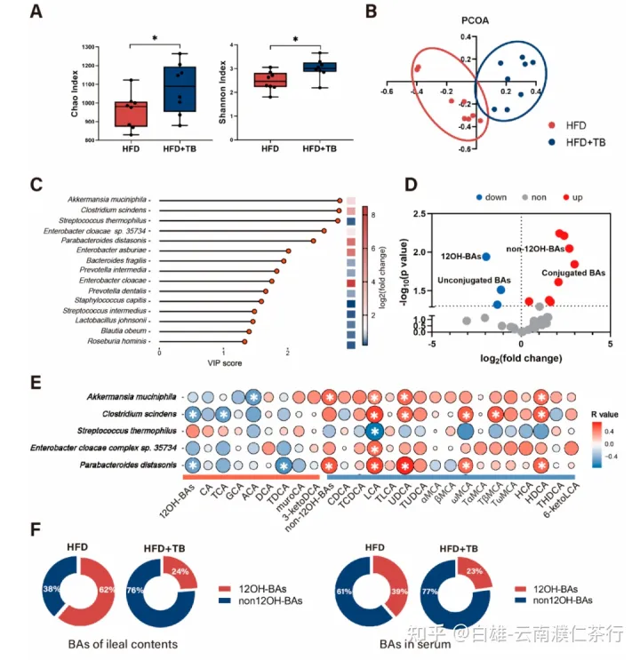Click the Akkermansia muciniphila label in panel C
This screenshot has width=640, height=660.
point(108,201)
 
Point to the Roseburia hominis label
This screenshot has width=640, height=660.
point(117,340)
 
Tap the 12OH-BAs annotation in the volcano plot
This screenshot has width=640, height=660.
point(460,256)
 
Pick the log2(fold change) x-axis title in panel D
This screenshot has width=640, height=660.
point(521,358)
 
